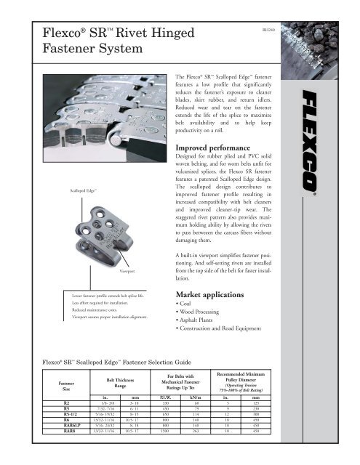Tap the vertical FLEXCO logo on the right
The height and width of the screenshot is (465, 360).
[328, 145]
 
